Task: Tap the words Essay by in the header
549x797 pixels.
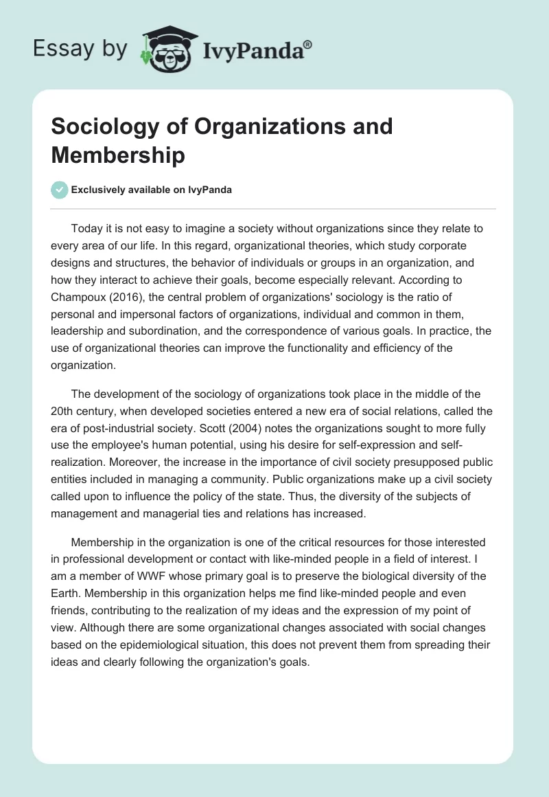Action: pos(80,49)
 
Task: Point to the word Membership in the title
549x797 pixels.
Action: pos(117,155)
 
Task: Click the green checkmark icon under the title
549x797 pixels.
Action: pos(59,190)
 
